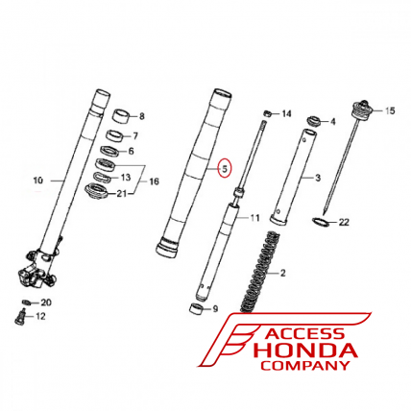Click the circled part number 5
pyautogui.click(x=225, y=169)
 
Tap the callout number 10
pyautogui.click(x=38, y=181)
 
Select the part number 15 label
pyautogui.click(x=390, y=110)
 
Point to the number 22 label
pyautogui.click(x=344, y=222)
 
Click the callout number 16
pyautogui.click(x=154, y=181)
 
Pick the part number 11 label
pyautogui.click(x=254, y=218)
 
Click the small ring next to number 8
pyautogui.click(x=122, y=117)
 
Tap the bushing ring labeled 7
pyautogui.click(x=114, y=135)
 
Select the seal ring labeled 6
pyautogui.click(x=109, y=151)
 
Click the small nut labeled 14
pyautogui.click(x=268, y=113)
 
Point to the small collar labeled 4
pyautogui.click(x=314, y=122)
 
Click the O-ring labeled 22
pyautogui.click(x=321, y=222)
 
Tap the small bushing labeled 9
pyautogui.click(x=196, y=308)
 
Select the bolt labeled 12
pyautogui.click(x=21, y=317)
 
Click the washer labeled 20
pyautogui.click(x=28, y=302)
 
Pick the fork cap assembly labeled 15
pyautogui.click(x=362, y=110)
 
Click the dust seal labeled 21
pyautogui.click(x=96, y=192)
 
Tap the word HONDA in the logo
pyautogui.click(x=305, y=351)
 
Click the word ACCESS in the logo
pyautogui.click(x=305, y=334)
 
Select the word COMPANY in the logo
pyautogui.click(x=305, y=365)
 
